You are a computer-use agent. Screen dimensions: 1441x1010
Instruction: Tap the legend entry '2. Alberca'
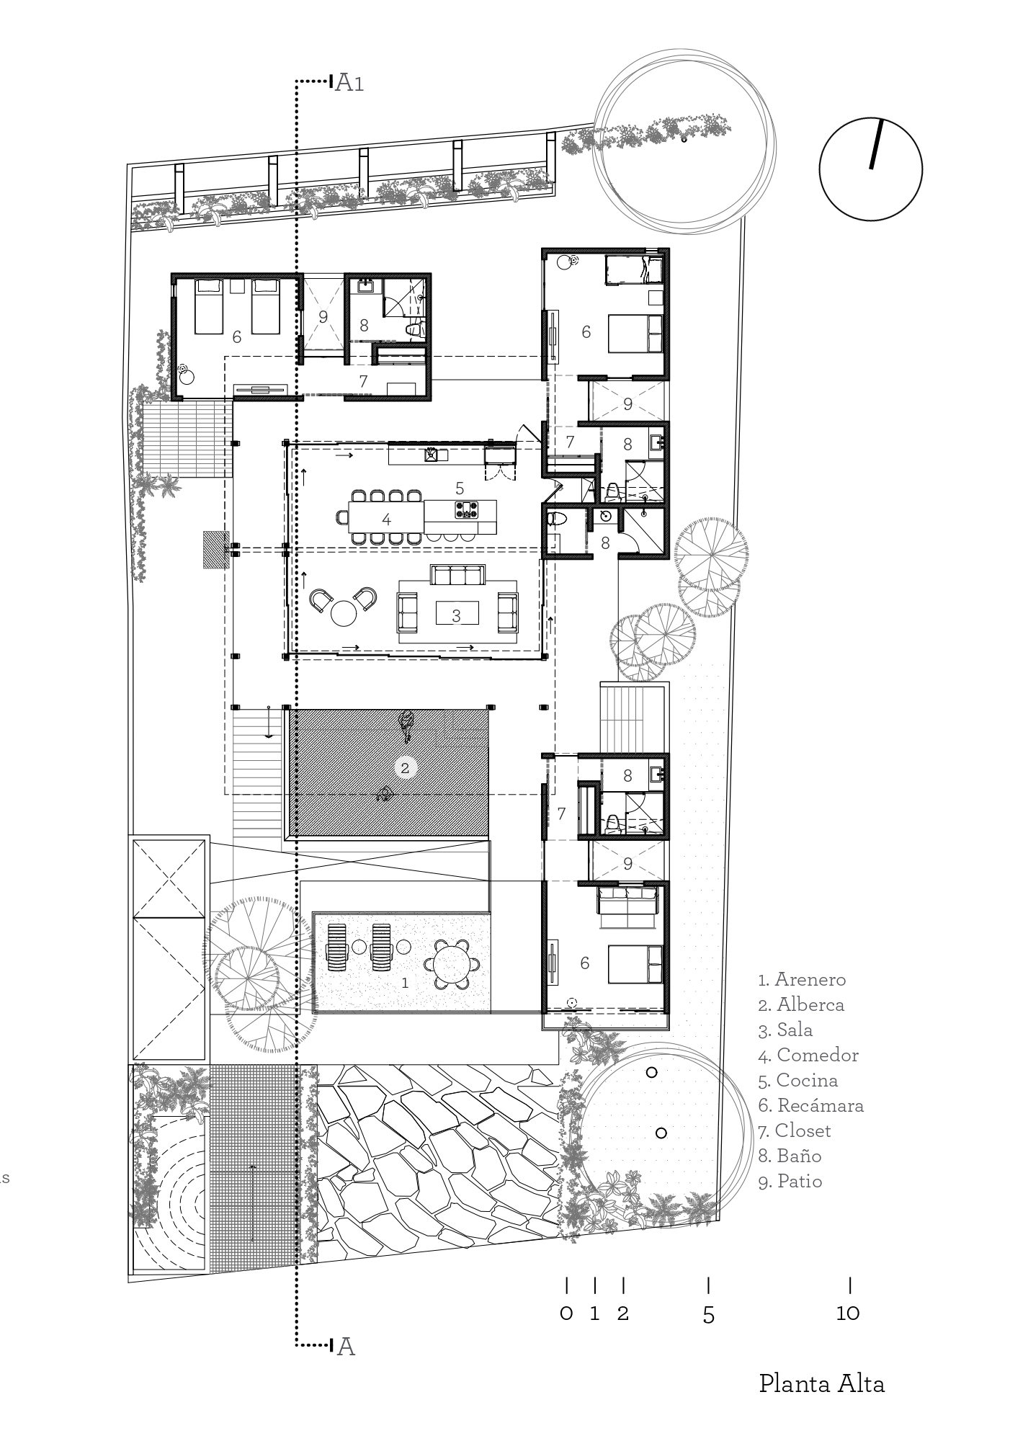[801, 1004]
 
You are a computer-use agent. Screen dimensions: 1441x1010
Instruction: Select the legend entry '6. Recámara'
[810, 1105]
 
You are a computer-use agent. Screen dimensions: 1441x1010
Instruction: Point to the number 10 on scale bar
[849, 1313]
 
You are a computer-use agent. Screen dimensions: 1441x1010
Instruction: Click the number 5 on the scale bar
[708, 1314]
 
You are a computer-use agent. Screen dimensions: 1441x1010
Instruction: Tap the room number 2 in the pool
[405, 768]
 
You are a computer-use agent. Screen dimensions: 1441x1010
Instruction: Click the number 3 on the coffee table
[456, 615]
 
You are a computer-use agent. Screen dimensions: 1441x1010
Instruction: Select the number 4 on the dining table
[386, 519]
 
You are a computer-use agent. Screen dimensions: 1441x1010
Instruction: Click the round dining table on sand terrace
[451, 963]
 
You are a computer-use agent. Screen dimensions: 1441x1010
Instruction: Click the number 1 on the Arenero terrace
[405, 982]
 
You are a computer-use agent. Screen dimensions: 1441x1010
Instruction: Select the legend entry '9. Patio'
[790, 1181]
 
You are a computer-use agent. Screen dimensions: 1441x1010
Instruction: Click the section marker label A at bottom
[346, 1346]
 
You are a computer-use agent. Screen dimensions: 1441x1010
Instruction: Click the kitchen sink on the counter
[433, 454]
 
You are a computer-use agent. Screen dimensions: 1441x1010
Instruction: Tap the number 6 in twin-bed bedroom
[236, 336]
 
